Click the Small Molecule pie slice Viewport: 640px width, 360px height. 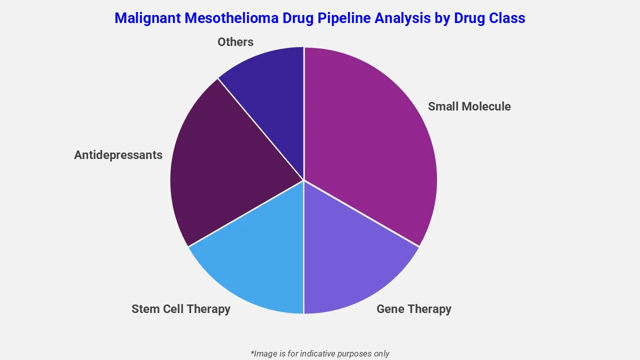point(370,140)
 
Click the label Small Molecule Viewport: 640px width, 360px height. point(469,106)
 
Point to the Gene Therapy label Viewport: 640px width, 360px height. point(413,309)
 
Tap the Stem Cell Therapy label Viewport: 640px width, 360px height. point(180,309)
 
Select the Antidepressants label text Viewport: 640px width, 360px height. point(118,155)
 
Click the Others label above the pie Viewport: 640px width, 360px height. point(235,42)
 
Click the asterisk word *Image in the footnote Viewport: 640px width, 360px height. point(263,353)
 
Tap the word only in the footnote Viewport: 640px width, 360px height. point(380,353)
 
